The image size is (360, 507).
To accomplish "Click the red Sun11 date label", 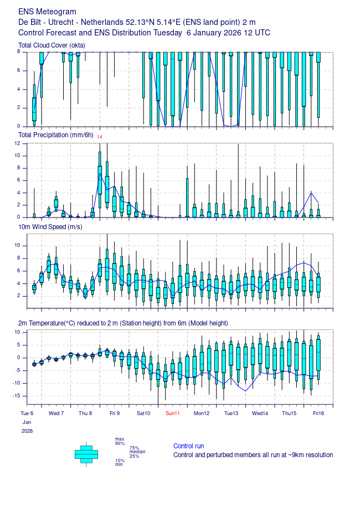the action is (x=172, y=413).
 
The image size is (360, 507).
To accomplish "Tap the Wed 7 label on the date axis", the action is (x=56, y=413).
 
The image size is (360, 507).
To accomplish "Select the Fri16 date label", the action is (x=318, y=413).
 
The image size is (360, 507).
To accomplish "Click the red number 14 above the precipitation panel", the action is (x=100, y=137).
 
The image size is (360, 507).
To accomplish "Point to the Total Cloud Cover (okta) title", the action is (x=52, y=45).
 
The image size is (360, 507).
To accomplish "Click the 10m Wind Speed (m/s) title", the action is (x=50, y=227).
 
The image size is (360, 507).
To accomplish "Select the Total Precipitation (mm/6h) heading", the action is (x=55, y=135).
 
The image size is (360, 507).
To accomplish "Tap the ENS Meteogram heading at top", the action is (x=47, y=12).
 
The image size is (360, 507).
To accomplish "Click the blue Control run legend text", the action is (x=188, y=446).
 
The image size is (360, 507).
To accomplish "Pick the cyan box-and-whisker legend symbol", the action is (x=86, y=454).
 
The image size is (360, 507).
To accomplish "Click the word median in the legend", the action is (x=137, y=452).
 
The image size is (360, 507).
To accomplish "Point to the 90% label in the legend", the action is (x=120, y=443).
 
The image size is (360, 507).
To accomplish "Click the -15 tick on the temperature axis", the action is (x=16, y=396).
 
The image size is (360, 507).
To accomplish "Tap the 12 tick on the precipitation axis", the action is (x=17, y=143).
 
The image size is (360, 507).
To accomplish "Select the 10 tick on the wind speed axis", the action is (x=17, y=245).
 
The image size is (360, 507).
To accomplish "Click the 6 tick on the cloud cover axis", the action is (x=18, y=70).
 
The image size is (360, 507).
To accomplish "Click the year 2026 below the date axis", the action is (x=27, y=431).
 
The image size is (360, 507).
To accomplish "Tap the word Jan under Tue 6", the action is (x=27, y=422).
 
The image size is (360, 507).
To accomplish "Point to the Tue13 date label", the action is (x=231, y=413).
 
